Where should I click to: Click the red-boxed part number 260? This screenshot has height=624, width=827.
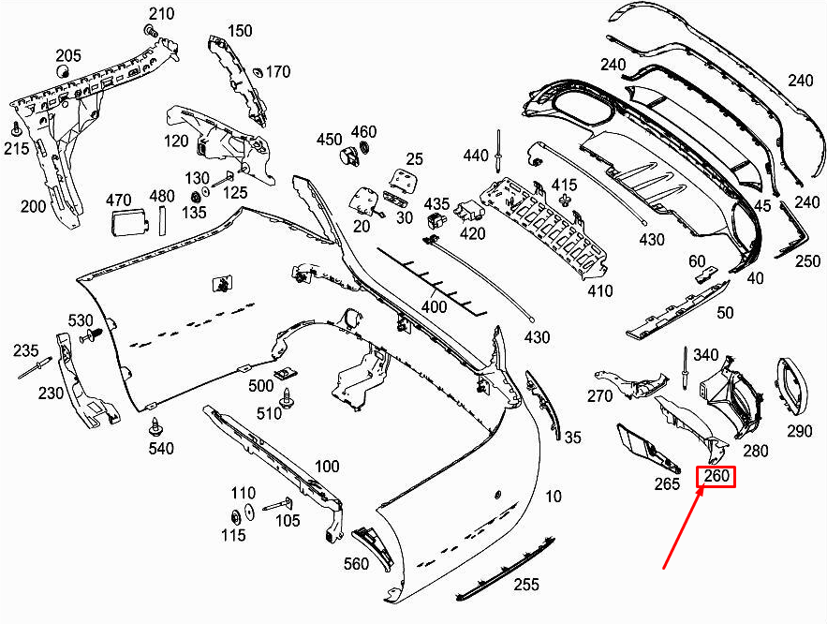click(x=716, y=477)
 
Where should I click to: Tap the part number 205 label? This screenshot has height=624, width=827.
click(x=68, y=54)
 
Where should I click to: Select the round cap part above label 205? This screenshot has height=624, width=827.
click(x=65, y=71)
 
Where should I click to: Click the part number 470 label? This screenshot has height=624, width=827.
click(x=118, y=200)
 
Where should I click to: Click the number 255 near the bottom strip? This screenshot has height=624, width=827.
click(x=526, y=585)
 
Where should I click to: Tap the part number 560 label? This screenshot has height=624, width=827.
click(x=357, y=563)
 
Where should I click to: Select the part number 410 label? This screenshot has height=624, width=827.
click(x=599, y=290)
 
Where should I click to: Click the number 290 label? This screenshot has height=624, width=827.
click(x=799, y=431)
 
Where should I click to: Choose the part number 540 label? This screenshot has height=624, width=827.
click(x=161, y=449)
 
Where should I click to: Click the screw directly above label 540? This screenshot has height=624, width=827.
click(x=153, y=427)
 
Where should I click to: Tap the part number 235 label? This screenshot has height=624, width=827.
click(x=25, y=350)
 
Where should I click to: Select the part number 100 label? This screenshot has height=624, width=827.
click(x=326, y=466)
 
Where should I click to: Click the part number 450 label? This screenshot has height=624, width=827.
click(x=329, y=140)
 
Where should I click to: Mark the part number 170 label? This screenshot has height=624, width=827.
click(x=278, y=72)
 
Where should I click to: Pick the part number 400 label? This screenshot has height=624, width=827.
click(x=434, y=306)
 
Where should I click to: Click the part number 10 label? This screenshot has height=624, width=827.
click(x=554, y=496)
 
